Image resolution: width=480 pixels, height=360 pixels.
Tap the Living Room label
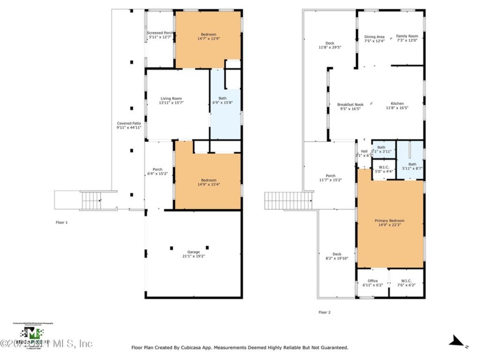coord(170,99)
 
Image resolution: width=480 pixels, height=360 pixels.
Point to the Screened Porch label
coord(159,33)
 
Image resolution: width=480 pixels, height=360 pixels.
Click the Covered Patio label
coord(129,123)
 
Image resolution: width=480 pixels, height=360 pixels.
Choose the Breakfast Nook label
coord(350,105)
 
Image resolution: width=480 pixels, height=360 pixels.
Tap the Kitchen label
coord(397,103)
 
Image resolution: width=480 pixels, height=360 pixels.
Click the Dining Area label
coord(374,37)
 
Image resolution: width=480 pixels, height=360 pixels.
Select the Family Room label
coord(407,37)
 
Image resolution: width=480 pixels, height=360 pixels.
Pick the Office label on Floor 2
coord(373,281)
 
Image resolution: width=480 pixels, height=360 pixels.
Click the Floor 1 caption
coord(61,222)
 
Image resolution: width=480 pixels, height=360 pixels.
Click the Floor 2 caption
coord(324,312)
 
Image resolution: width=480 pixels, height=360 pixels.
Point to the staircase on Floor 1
coord(91,201)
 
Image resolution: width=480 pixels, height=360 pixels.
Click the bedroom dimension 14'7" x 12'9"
coord(208,39)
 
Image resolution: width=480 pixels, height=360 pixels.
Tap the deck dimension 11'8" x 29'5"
coord(330,47)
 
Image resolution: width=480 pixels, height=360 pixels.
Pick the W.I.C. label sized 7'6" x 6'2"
coord(407,284)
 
